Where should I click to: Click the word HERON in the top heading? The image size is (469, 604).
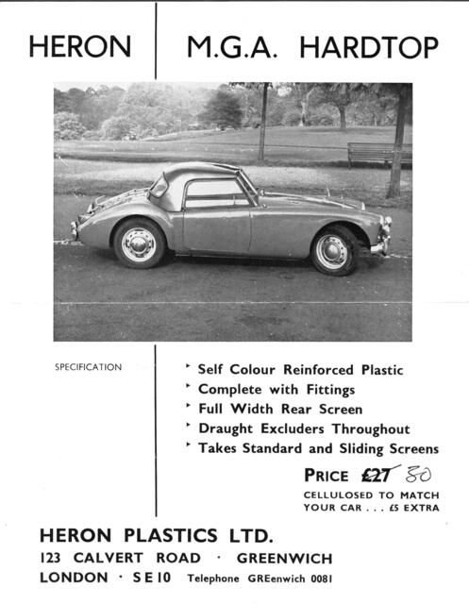[x=79, y=46]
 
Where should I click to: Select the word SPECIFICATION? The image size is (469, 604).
[x=88, y=367]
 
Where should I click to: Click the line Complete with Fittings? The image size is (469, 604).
[x=276, y=389]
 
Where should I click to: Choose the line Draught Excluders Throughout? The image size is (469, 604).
[x=303, y=428]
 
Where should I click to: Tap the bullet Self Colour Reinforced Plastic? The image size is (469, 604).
[x=299, y=369]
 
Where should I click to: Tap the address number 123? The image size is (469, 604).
[x=52, y=558]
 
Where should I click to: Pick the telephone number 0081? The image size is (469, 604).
[x=316, y=579]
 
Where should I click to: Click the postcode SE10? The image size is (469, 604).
[x=145, y=578]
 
